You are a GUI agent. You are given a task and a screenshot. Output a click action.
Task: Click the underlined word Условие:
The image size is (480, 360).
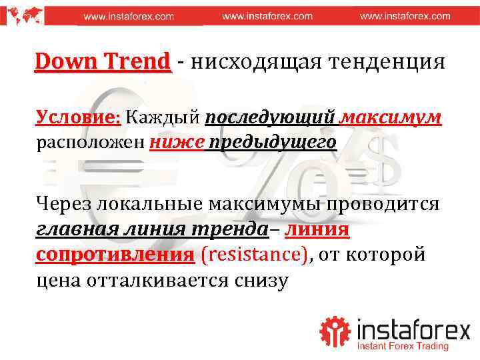click(78, 117)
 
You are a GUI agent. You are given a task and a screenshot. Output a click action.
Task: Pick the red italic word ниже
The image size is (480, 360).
click(176, 142)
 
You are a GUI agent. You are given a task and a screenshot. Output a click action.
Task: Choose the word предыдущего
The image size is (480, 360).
click(272, 142)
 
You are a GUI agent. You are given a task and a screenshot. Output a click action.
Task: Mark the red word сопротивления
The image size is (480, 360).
click(115, 255)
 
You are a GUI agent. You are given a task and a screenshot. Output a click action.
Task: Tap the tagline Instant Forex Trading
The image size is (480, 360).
click(403, 346)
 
